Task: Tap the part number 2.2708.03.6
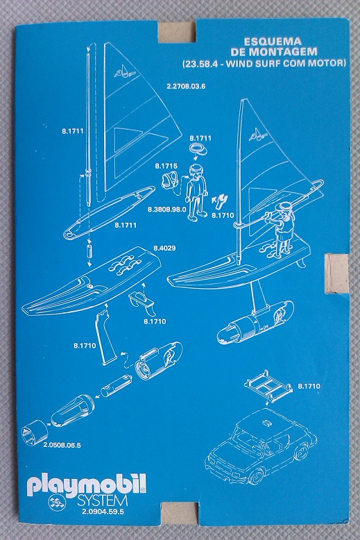(186, 86)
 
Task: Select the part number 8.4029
(164, 248)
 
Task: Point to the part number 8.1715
(166, 166)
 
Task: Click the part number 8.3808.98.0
(167, 209)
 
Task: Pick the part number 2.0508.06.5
(62, 446)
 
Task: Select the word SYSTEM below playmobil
(102, 500)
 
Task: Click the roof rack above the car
(268, 386)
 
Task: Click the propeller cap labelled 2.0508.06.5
(35, 432)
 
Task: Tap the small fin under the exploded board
(142, 304)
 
